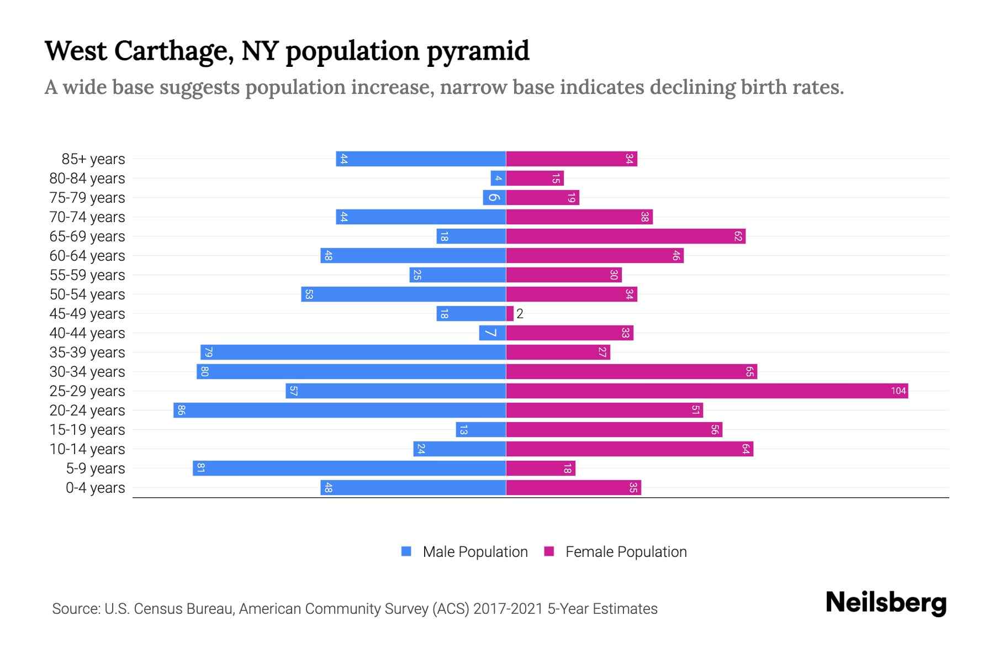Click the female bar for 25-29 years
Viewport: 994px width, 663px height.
click(x=707, y=391)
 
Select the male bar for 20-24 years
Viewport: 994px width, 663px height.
click(x=340, y=411)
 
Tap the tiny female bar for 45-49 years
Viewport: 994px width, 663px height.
click(x=510, y=314)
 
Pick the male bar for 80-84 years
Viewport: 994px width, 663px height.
click(x=498, y=178)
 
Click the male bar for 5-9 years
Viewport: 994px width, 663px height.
click(x=349, y=469)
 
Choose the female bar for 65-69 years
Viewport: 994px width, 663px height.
click(x=626, y=236)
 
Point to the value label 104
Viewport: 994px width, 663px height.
click(x=898, y=391)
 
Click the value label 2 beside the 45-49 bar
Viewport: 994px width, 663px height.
click(x=520, y=314)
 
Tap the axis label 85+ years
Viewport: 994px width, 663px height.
click(x=93, y=159)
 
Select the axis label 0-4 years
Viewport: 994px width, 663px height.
click(x=95, y=488)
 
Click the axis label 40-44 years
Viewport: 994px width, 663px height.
click(x=87, y=333)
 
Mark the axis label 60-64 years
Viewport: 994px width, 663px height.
click(x=87, y=256)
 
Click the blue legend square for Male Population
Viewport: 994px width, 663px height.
click(x=406, y=551)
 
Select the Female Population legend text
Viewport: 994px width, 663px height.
click(x=626, y=552)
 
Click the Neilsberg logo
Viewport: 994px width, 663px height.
click(x=886, y=603)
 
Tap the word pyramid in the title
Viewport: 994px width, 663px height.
click(x=478, y=51)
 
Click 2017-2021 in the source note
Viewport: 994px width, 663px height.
click(x=507, y=609)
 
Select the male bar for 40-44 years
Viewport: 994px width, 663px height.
click(x=492, y=333)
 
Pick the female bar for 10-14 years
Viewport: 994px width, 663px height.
click(x=630, y=449)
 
